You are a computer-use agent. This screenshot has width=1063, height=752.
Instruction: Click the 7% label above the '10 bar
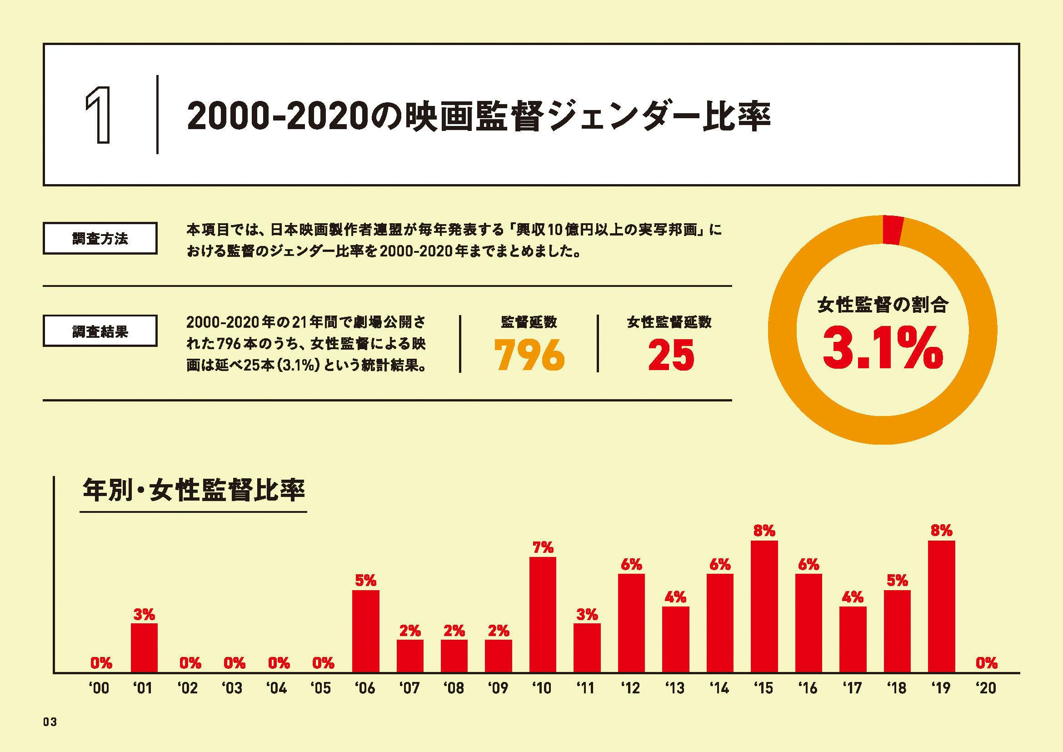[x=543, y=548]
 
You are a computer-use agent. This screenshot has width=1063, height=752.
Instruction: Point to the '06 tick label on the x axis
[x=365, y=688]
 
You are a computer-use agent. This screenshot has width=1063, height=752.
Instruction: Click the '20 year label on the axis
[x=986, y=688]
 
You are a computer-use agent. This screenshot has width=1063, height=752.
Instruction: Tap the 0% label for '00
[x=101, y=663]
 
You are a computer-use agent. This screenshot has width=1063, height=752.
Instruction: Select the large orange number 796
[x=529, y=355]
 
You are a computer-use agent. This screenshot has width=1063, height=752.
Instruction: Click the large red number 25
[x=671, y=355]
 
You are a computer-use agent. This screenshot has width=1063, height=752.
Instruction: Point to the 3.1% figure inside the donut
[x=883, y=348]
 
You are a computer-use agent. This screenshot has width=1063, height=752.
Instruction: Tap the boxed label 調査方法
[x=100, y=239]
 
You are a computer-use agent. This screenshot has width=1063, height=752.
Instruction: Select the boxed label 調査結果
[x=100, y=331]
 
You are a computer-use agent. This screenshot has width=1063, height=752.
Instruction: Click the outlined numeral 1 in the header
[x=99, y=115]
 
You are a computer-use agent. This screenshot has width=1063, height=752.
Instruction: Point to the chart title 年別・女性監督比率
[x=194, y=491]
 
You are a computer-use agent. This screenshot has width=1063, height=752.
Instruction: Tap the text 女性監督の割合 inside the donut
[x=883, y=305]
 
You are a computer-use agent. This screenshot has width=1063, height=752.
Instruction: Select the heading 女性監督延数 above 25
[x=669, y=322]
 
